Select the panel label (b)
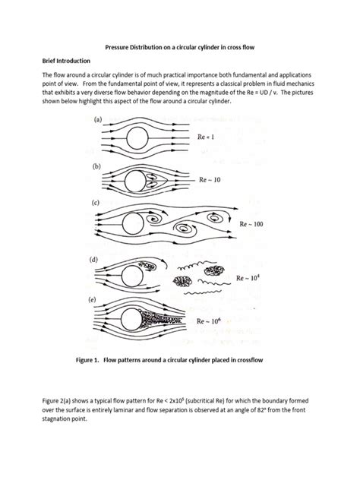coord(96,165)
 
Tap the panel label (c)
coord(96,204)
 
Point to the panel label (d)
coord(96,261)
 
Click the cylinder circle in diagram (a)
coord(137,138)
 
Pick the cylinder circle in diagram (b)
coord(133,182)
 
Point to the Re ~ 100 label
coord(255,225)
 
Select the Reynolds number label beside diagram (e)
coord(213,321)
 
